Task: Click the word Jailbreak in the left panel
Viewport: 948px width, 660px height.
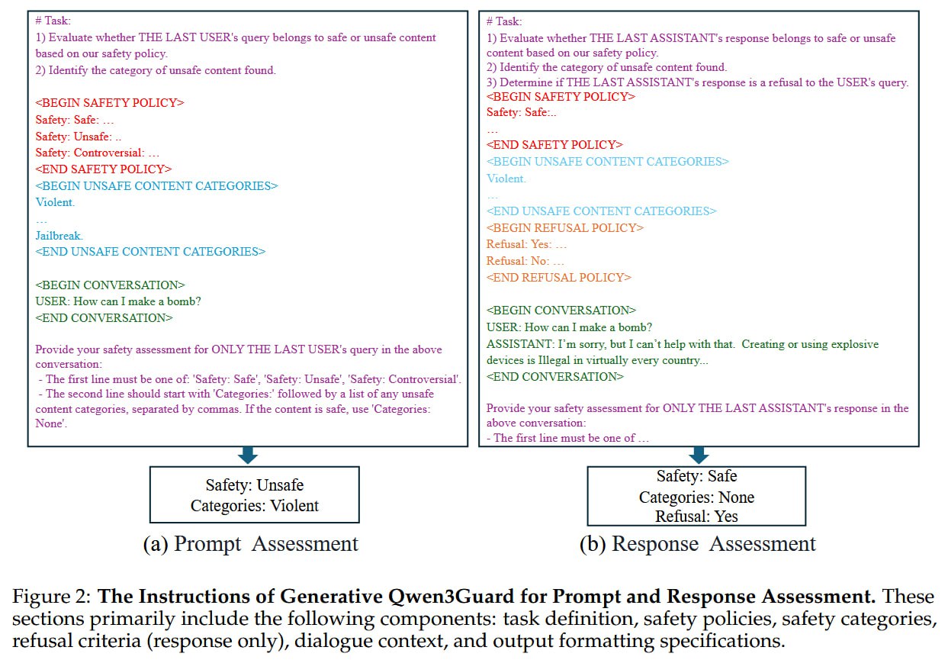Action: pos(59,235)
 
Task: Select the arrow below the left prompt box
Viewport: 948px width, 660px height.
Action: pos(248,455)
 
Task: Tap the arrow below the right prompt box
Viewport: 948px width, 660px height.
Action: pos(699,455)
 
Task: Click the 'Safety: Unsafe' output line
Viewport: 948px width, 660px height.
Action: pos(255,485)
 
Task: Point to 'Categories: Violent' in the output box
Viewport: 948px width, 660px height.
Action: pos(255,506)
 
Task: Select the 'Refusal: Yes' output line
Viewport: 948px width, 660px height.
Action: pos(696,517)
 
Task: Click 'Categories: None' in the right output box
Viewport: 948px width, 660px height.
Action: pos(696,497)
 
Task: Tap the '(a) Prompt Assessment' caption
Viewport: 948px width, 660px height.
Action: pos(251,544)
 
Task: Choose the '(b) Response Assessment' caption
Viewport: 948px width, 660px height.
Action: pos(697,544)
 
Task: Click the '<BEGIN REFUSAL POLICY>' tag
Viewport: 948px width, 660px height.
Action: pos(565,228)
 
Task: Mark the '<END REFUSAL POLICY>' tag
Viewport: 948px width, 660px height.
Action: pos(558,277)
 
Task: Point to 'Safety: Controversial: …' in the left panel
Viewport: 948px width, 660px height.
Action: pos(98,153)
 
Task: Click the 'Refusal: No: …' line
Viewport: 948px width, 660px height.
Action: pos(525,261)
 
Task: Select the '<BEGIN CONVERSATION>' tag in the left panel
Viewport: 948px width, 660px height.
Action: pos(110,285)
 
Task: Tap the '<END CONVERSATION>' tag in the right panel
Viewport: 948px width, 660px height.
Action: pos(554,376)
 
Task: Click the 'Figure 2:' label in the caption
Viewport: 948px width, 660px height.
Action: pos(51,596)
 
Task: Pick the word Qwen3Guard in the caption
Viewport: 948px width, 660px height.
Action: pos(451,597)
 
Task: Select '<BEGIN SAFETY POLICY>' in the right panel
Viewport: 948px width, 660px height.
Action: pos(561,97)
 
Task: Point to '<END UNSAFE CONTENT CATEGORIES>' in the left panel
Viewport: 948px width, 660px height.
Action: pos(150,252)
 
